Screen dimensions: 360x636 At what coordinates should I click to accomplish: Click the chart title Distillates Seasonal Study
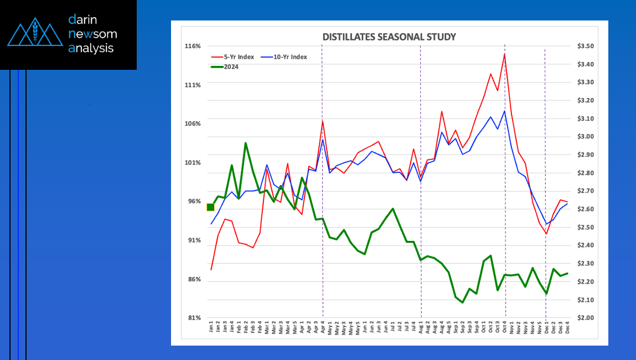click(x=389, y=37)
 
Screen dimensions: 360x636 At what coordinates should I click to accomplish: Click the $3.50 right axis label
click(x=585, y=46)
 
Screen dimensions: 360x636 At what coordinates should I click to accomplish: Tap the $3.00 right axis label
click(x=585, y=137)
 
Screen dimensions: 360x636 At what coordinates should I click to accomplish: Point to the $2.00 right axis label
click(x=585, y=318)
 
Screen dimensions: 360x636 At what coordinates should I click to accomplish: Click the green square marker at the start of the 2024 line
click(x=210, y=207)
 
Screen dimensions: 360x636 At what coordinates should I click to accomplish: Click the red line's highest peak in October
click(x=504, y=54)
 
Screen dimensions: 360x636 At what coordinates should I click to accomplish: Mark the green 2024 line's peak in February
click(x=245, y=143)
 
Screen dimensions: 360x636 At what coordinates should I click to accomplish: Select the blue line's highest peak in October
click(x=504, y=111)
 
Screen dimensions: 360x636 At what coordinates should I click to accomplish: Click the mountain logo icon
click(x=34, y=34)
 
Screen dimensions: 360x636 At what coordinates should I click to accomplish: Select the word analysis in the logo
click(x=91, y=48)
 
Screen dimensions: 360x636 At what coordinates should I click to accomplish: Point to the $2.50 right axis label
click(x=585, y=228)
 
